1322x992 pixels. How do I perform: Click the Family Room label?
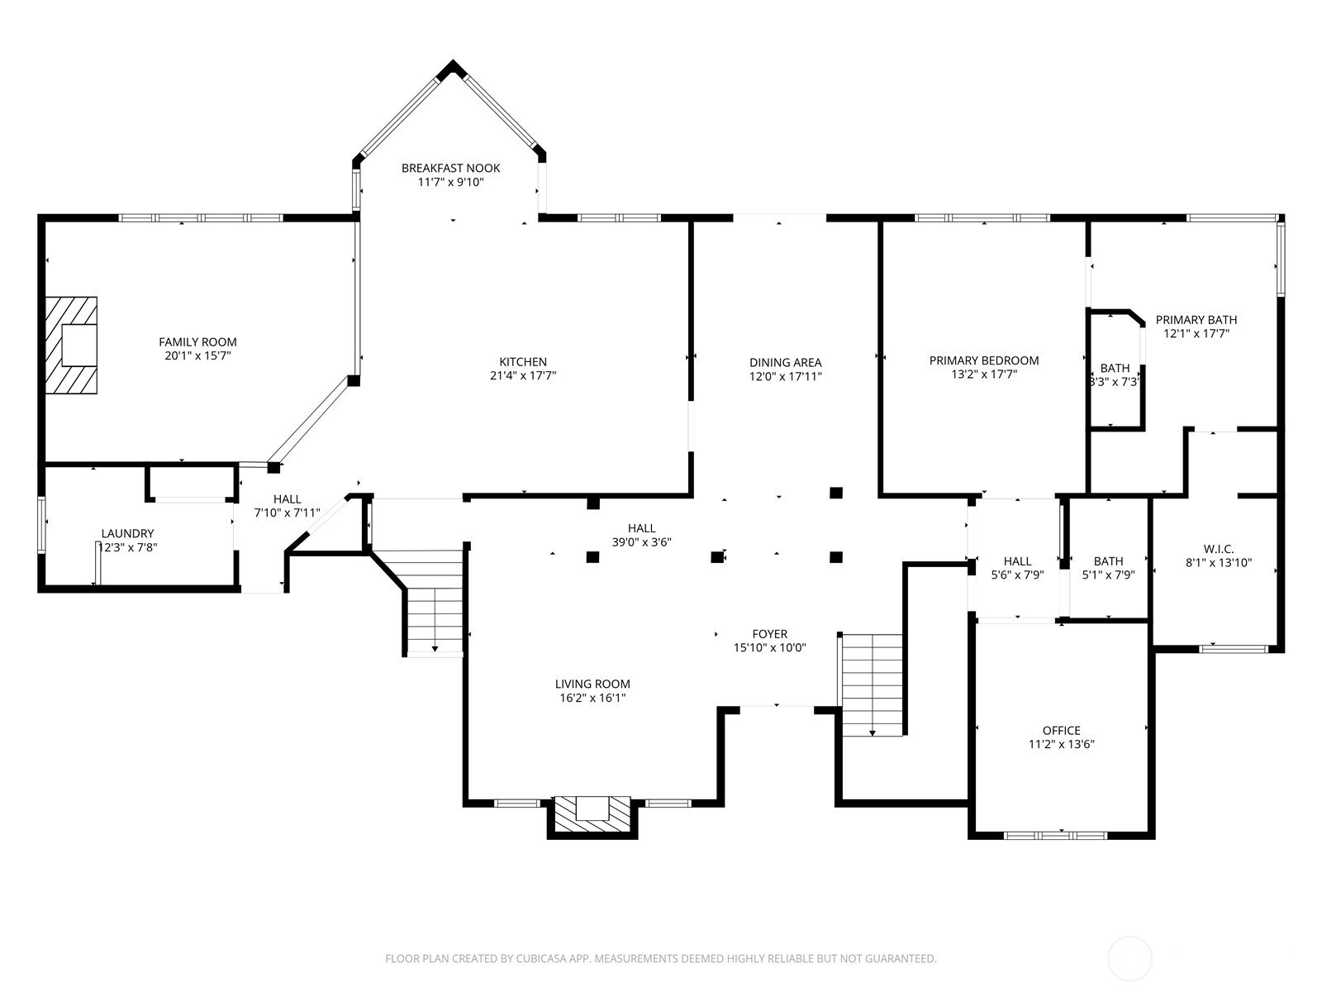point(197,342)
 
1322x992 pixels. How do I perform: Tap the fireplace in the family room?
point(71,345)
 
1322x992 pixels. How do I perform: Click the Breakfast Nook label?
point(450,168)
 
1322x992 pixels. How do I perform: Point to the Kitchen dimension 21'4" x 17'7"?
point(523,376)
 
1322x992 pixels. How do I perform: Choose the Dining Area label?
point(786,363)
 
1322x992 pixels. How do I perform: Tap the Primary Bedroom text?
point(983,360)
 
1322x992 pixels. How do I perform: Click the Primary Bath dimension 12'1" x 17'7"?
point(1196,334)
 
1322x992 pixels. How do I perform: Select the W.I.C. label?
point(1219,549)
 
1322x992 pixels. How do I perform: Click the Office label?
point(1061,731)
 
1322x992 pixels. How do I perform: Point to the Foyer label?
point(770,634)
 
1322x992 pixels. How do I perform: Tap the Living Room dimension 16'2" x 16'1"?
point(592,698)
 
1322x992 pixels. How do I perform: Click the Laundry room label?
point(127,534)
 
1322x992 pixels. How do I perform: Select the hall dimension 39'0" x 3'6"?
point(641,542)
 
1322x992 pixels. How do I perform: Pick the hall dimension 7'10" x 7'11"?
point(287,513)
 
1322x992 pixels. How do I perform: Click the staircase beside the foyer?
point(872,684)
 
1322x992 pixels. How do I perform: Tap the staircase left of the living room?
point(434,603)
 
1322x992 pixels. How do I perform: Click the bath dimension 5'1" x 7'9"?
point(1108,575)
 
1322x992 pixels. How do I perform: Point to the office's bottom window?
point(1055,836)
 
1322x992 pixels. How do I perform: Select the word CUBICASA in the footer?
point(541,958)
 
